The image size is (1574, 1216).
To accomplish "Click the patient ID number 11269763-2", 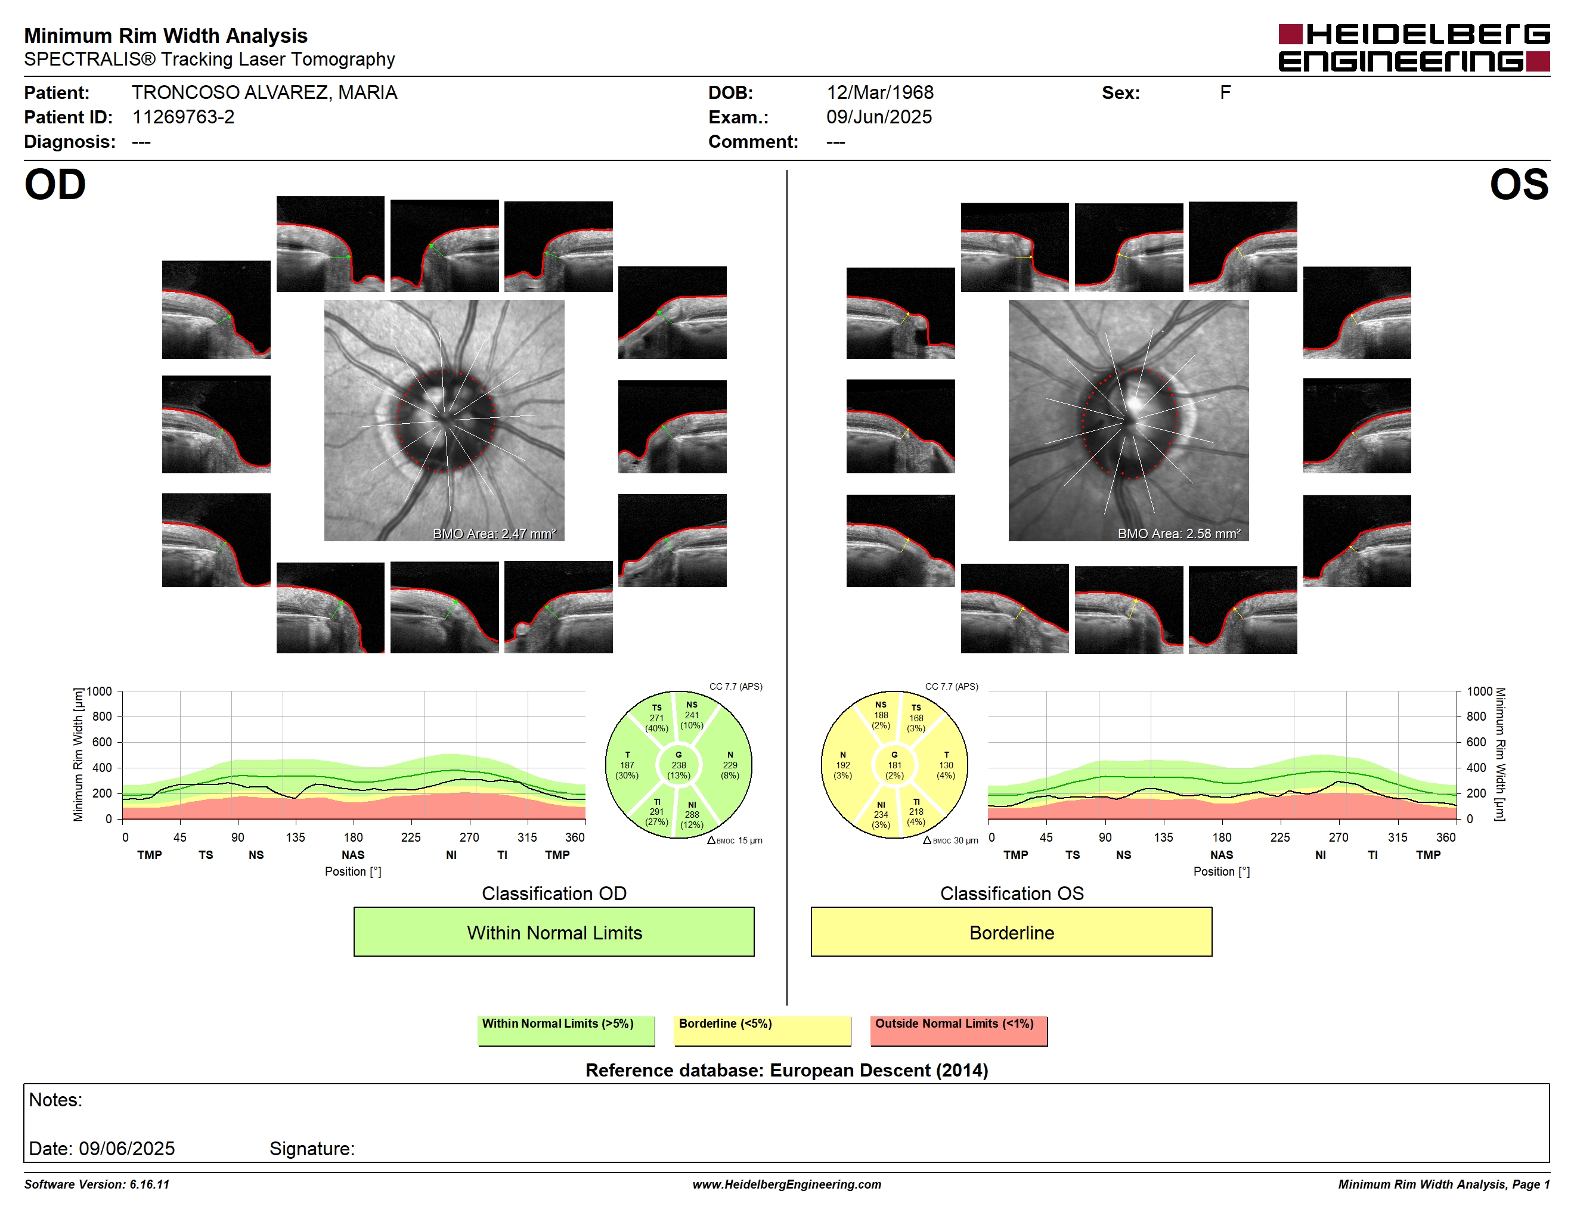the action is coord(183,117).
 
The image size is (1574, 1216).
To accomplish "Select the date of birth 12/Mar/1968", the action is coord(879,92).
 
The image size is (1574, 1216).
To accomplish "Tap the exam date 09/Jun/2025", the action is coord(879,117).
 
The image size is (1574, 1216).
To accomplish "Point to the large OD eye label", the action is coord(55,184).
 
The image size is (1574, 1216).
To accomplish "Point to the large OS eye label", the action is coord(1519,184).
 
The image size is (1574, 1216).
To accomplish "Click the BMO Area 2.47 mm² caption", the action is coord(494,534).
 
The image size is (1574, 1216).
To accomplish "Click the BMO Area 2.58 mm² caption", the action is coord(1179,534).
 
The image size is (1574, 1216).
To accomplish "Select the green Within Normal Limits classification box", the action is coord(553,932).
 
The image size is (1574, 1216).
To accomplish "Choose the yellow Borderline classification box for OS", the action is coord(1011,932).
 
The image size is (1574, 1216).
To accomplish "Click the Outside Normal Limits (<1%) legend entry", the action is coord(959,1030).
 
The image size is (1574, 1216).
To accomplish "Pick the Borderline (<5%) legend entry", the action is coord(762,1030).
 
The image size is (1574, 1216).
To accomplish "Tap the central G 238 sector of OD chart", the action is coord(678,765).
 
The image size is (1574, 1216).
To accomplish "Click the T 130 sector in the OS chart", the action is coord(946,765).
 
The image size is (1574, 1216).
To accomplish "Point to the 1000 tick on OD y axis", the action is coord(100,691).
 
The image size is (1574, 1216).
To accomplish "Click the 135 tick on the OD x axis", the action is coord(296,837).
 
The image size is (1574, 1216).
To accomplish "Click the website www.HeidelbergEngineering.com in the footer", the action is coord(786,1184).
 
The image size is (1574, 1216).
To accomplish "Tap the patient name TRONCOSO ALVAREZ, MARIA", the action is coord(265,92).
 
